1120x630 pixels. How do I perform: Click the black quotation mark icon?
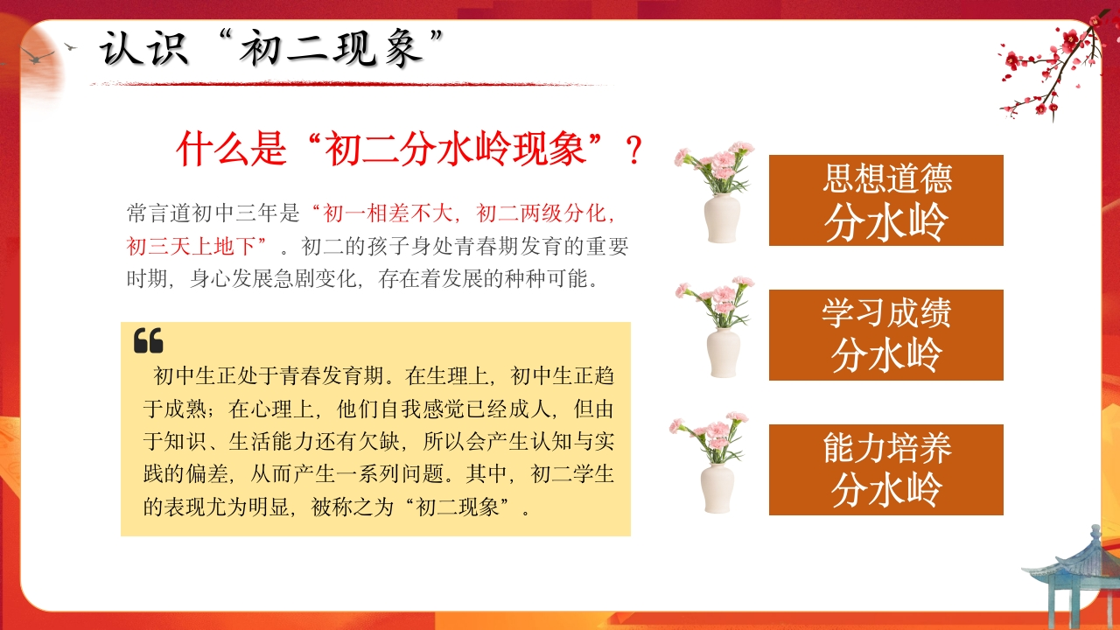(149, 340)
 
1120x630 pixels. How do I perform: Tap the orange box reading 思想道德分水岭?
(886, 200)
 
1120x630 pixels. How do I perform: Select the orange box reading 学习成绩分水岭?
(886, 335)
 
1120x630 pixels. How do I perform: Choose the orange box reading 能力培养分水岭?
(886, 470)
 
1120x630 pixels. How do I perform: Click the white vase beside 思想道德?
(722, 219)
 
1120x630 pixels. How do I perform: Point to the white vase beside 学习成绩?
(724, 353)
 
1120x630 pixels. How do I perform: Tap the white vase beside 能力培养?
(717, 488)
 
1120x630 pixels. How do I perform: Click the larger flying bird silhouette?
(38, 55)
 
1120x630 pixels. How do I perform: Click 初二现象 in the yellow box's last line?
(458, 507)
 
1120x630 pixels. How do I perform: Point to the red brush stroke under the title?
(350, 84)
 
